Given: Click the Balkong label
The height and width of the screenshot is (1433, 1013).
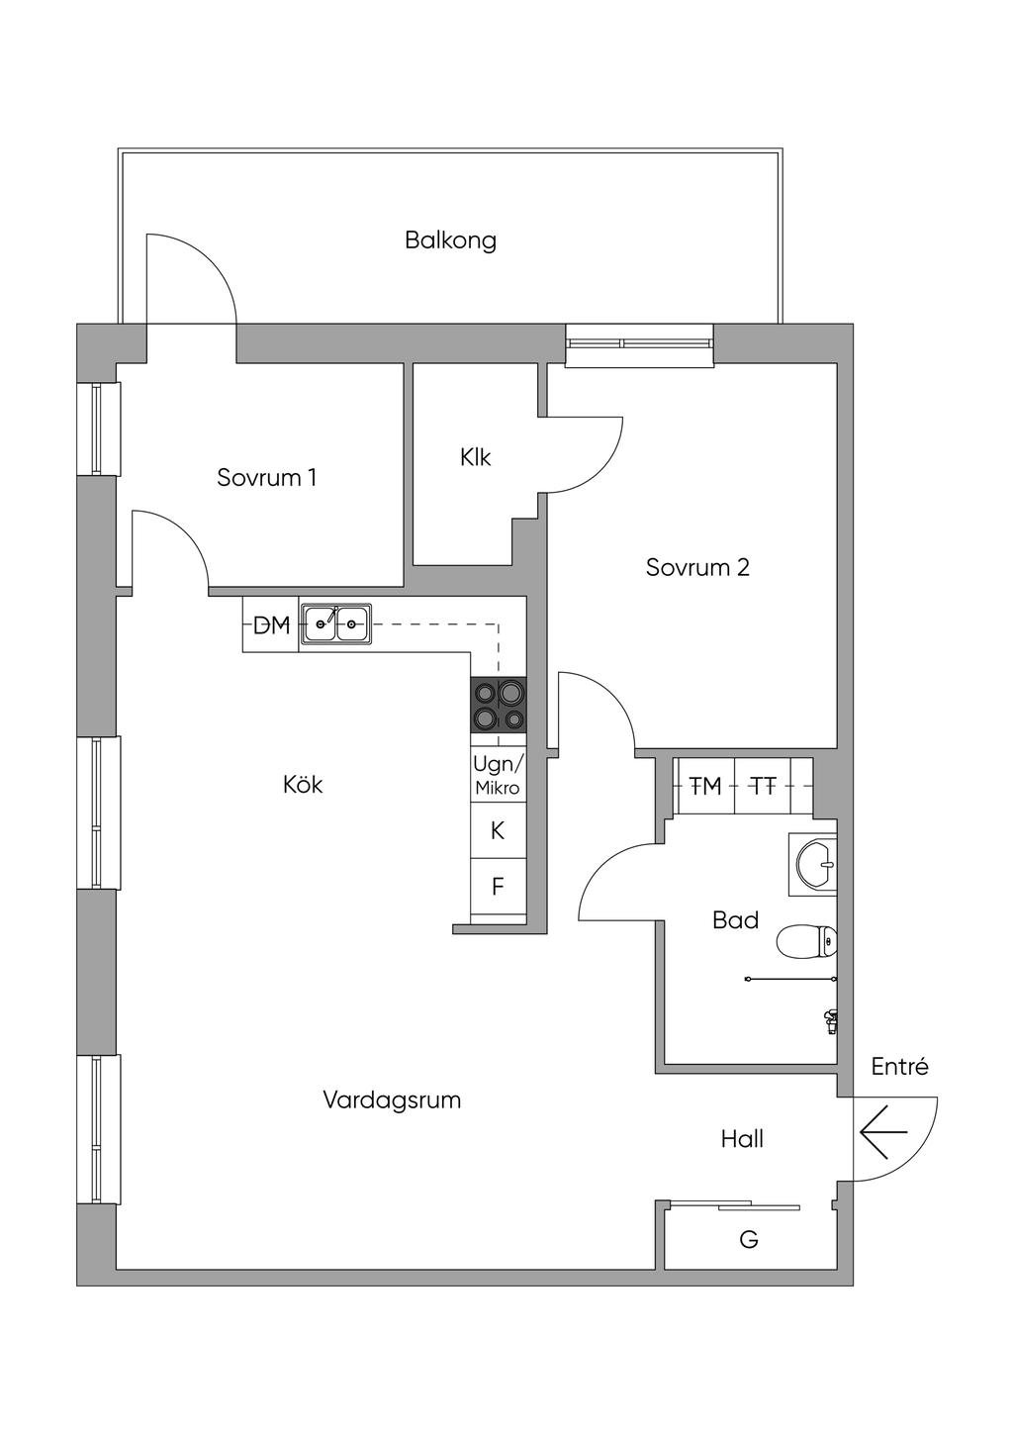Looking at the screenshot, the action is tap(450, 240).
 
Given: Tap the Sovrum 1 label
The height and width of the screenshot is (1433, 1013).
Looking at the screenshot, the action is tap(267, 477).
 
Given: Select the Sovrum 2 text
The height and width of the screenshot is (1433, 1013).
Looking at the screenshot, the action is tap(697, 567).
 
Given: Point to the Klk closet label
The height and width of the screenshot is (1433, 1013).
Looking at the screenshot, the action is tap(475, 457).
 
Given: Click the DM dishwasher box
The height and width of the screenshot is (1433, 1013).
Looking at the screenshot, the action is tap(270, 624).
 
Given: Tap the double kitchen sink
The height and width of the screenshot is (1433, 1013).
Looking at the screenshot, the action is tap(336, 623).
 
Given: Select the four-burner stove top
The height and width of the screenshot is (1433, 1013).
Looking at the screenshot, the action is tap(499, 705).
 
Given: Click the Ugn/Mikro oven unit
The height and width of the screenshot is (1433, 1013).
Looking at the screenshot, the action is tap(499, 775).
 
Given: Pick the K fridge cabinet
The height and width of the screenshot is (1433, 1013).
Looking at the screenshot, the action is tap(499, 830).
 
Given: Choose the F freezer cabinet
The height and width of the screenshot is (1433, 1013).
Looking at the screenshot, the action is tap(499, 887).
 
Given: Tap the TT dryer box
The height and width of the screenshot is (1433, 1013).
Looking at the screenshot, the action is tap(763, 786).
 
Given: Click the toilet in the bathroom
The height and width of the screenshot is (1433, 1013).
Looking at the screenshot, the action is tap(806, 942).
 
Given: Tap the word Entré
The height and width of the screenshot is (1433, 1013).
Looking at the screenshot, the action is tap(899, 1067).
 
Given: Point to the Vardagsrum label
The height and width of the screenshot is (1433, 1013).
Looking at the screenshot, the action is tap(392, 1100).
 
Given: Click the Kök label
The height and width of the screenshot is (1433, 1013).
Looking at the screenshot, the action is tap(303, 785).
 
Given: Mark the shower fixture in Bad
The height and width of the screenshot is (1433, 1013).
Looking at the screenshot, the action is tap(829, 1017).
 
